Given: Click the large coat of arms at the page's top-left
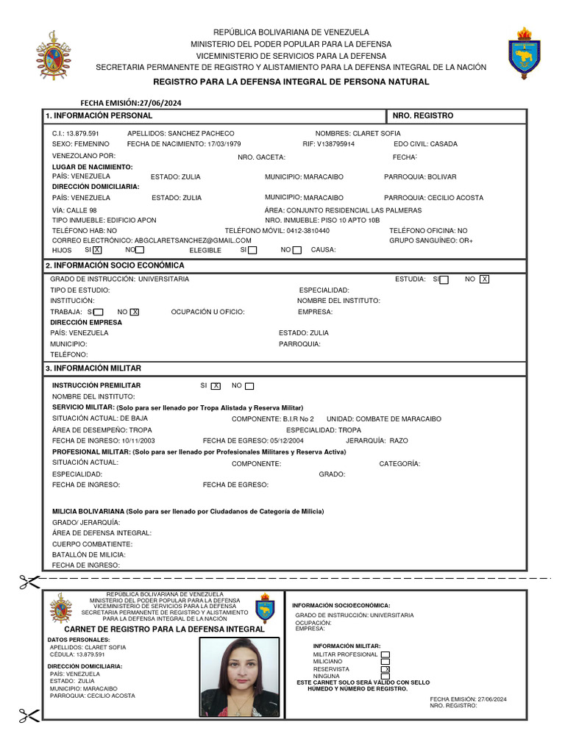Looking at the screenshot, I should (x=54, y=56).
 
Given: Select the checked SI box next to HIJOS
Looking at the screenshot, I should (x=97, y=250).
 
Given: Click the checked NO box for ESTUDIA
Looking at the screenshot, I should (x=484, y=279).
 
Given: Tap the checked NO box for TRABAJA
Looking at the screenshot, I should (x=135, y=312).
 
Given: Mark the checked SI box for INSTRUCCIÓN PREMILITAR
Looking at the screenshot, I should (x=216, y=386).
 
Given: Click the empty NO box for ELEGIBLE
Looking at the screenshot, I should (x=297, y=250).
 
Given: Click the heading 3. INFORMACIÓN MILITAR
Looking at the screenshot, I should (x=93, y=368).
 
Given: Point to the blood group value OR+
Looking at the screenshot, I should (x=466, y=240).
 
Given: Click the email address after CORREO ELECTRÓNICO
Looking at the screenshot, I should (x=193, y=240).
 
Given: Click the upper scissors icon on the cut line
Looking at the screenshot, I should (x=29, y=582).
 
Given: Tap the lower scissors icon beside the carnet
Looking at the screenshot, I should (x=29, y=714).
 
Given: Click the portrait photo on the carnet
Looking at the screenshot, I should (x=240, y=677).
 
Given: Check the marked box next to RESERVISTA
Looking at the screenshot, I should (x=385, y=669).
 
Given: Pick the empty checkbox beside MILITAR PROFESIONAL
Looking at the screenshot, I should (x=385, y=654).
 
